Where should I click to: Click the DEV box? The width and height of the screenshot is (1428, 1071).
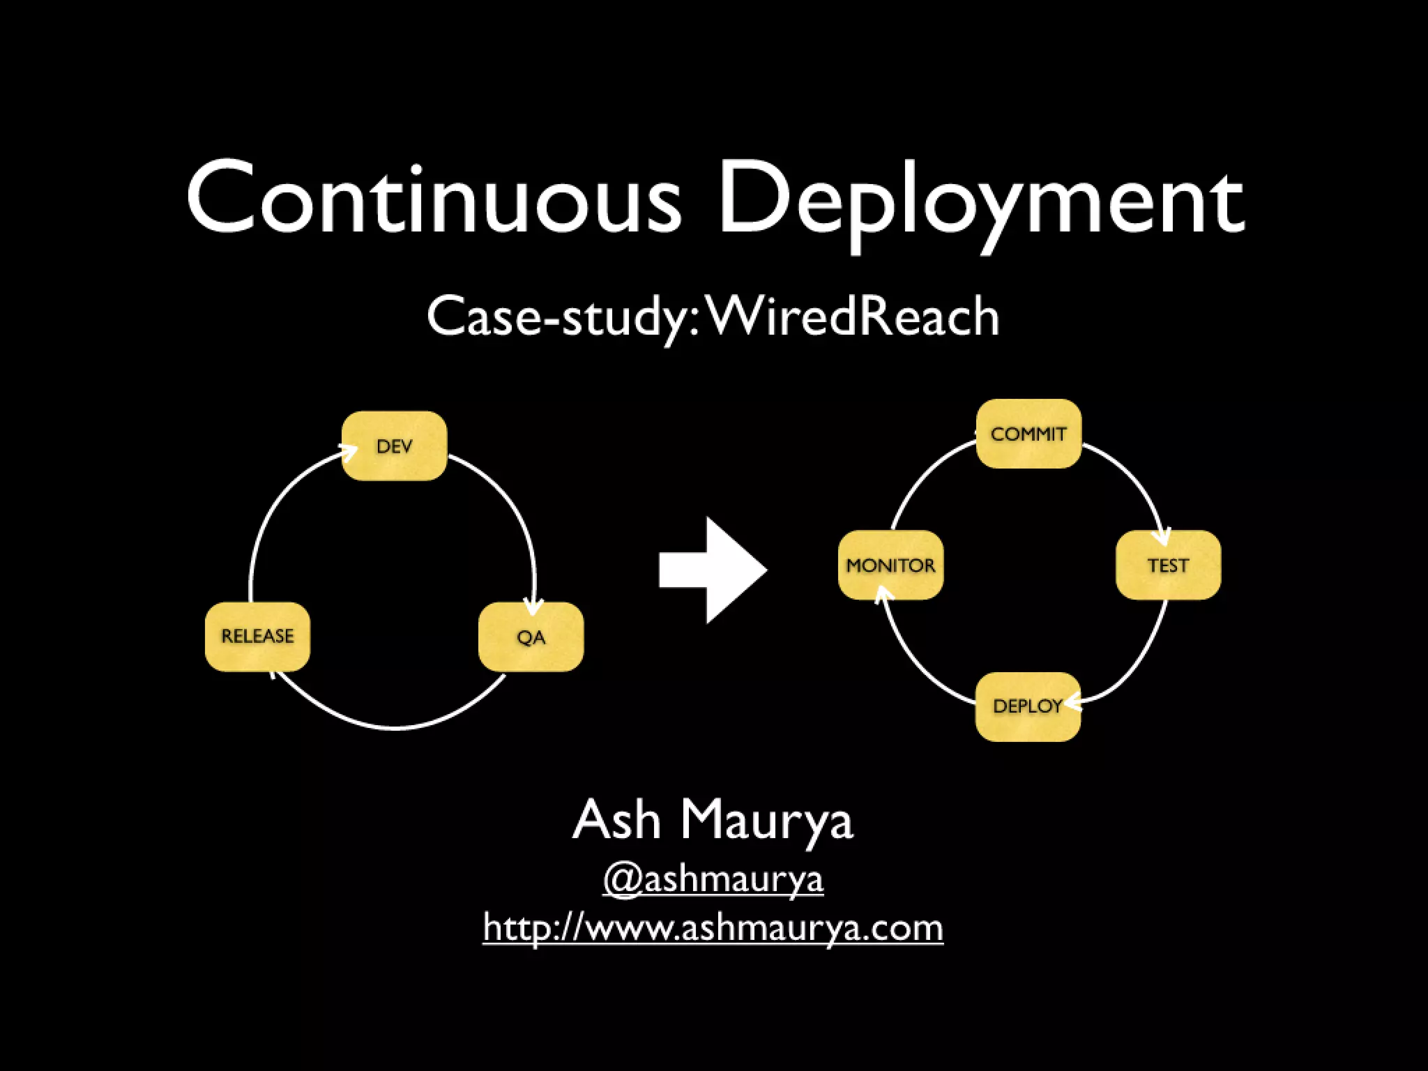pos(394,446)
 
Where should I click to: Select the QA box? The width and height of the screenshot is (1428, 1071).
pos(531,637)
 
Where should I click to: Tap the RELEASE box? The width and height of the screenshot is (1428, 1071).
pos(257,636)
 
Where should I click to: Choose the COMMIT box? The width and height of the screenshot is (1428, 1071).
pos(1028,434)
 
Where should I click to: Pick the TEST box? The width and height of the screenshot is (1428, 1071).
pos(1168,565)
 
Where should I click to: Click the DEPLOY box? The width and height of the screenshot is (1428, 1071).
pos(1027,706)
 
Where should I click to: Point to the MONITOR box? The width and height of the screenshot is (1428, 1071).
pos(890,565)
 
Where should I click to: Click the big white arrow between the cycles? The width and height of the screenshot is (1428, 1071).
pos(715,570)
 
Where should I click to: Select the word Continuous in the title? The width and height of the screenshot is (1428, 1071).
pos(433,199)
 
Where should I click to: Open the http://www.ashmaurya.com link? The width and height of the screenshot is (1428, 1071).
pos(713,928)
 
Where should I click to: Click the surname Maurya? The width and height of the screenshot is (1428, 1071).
pos(766,821)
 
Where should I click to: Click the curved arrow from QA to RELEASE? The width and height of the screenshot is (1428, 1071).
pos(394,727)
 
